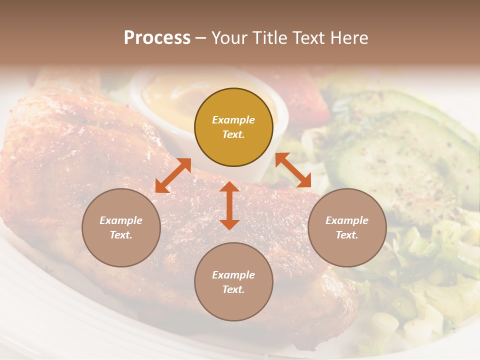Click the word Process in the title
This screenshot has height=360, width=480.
coord(157,38)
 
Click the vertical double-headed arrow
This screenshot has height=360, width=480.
coord(229,205)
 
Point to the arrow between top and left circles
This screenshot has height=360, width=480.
coord(173,175)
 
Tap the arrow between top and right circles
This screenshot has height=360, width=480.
coord(293,170)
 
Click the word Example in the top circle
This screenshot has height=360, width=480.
coord(233,120)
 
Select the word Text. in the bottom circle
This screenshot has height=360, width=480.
coord(233,289)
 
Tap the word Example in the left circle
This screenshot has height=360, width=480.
coord(121,220)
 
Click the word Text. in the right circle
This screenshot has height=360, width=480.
coord(347,235)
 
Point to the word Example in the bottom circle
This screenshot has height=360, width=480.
coord(233,275)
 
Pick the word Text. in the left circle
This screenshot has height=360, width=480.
coord(121,235)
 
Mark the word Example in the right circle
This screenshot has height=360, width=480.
coord(347,220)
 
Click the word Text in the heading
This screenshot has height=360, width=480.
coord(310,38)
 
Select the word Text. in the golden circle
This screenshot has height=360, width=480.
coord(233,134)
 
